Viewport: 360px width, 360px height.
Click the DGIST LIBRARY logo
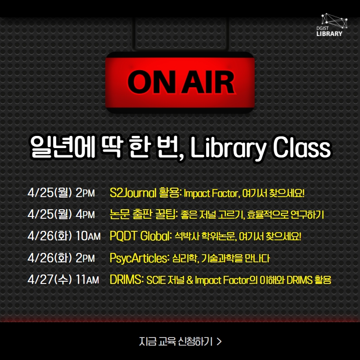click(x=332, y=25)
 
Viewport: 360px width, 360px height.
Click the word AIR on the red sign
click(x=208, y=82)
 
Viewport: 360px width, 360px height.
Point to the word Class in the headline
click(x=301, y=148)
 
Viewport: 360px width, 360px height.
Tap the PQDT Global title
click(x=139, y=236)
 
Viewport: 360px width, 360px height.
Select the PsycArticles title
click(x=139, y=258)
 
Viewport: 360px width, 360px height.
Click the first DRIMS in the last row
click(x=126, y=279)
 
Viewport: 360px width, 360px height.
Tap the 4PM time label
click(x=85, y=215)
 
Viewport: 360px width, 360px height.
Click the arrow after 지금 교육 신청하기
click(x=219, y=342)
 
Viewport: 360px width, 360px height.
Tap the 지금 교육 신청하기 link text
click(x=176, y=342)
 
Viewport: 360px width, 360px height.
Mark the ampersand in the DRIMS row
click(x=189, y=280)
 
